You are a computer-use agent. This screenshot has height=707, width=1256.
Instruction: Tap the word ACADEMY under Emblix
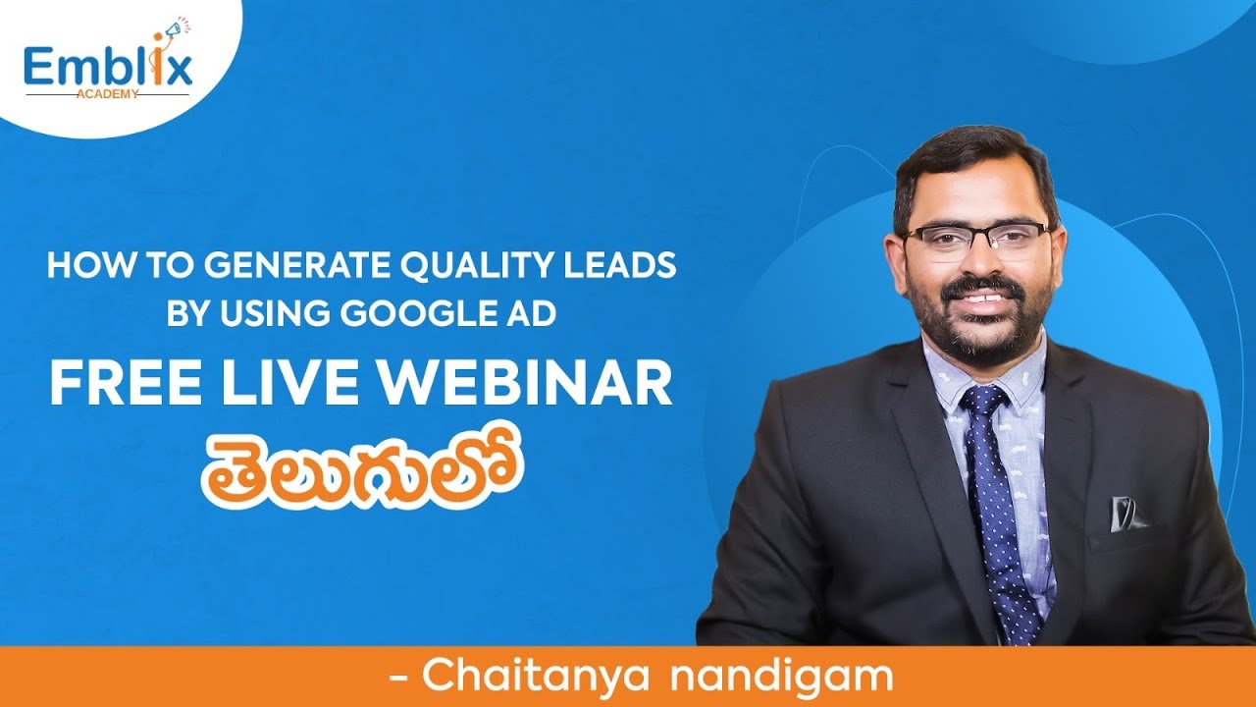point(107,94)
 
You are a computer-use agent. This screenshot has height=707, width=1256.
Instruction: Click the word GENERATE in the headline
point(296,265)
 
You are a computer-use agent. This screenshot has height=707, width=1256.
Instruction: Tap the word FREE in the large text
point(126,384)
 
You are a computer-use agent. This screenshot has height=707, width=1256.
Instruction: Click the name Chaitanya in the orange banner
point(536,677)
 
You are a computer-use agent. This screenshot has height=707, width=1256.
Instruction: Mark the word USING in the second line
point(276,312)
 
